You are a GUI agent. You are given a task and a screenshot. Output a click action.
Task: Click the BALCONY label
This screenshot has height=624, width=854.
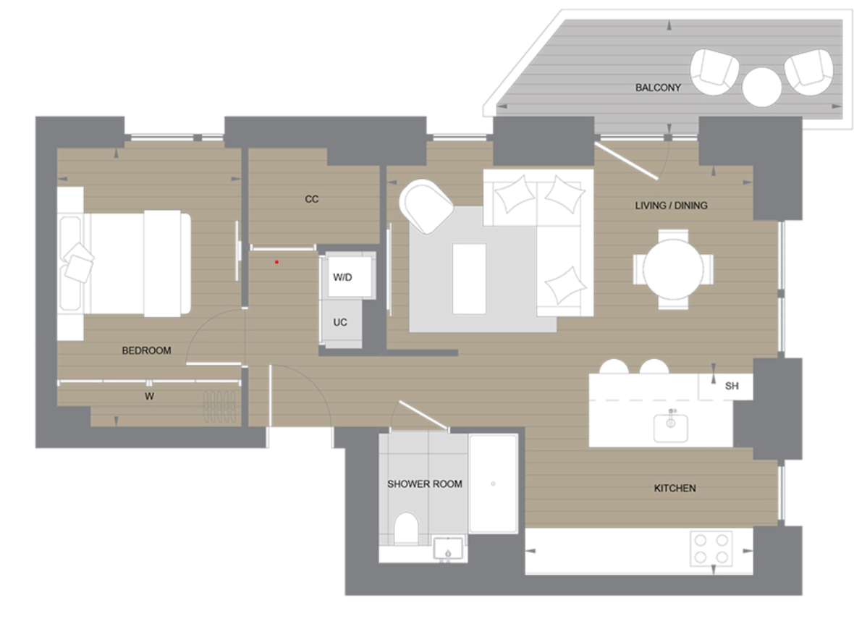[658, 88]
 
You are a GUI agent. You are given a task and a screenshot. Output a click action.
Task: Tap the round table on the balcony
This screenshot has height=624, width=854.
[761, 86]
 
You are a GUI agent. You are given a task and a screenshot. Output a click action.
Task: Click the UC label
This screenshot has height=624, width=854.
[340, 322]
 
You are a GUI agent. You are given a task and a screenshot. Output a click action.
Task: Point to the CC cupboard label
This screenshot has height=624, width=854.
[312, 199]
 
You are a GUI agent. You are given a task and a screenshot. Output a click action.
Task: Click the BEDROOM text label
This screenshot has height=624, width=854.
[146, 350]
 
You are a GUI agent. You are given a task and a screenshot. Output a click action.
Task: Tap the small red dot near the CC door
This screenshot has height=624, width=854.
[276, 262]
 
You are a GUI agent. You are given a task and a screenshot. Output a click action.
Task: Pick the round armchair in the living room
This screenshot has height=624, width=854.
[426, 206]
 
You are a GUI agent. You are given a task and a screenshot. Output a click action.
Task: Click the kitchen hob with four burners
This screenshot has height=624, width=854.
[711, 548]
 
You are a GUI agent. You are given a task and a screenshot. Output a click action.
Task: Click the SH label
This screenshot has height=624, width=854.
[732, 387]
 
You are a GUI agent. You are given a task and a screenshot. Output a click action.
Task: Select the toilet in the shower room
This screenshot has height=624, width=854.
[407, 528]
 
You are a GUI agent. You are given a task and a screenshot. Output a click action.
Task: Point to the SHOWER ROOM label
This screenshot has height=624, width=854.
[424, 484]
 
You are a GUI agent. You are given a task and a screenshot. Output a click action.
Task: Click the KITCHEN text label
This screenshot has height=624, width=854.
[675, 489]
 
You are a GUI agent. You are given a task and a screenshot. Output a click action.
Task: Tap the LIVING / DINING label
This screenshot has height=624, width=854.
[671, 206]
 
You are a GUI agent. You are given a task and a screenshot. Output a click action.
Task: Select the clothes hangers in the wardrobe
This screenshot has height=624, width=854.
[218, 407]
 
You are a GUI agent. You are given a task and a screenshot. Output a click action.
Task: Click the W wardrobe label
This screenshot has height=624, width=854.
[149, 396]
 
